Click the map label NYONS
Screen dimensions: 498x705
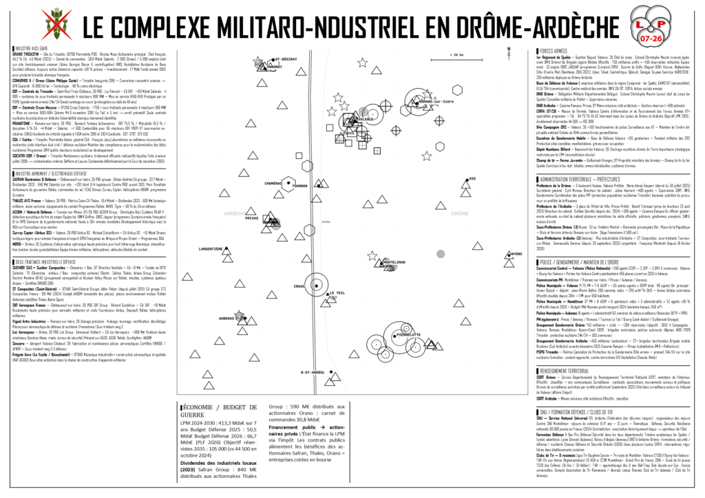pyautogui.click(x=515, y=255)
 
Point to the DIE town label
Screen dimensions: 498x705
pyautogui.click(x=472, y=179)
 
